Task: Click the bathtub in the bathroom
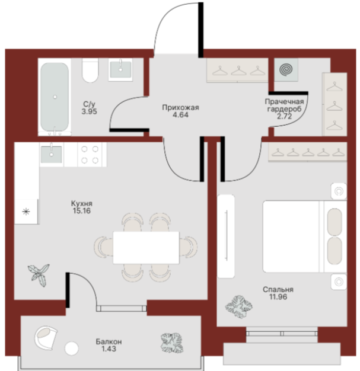coord(55,97)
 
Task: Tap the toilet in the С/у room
coord(90,71)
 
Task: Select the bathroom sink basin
coord(120,70)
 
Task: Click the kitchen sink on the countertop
coord(52,155)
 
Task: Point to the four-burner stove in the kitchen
coord(90,155)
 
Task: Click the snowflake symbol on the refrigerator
coord(26,212)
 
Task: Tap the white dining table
coord(146,248)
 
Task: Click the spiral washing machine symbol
coord(286,69)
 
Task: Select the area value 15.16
coord(82,211)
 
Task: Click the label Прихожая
coord(180,108)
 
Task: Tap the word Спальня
coord(278,289)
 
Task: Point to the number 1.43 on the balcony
coord(109,348)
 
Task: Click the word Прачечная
coord(284,102)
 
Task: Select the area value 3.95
coord(90,111)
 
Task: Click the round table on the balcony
coord(72,348)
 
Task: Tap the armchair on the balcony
coord(46,338)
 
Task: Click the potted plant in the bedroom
coord(239,306)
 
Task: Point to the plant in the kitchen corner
coord(39,275)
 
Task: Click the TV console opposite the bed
coord(226,236)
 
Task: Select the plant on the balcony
coord(172,343)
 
